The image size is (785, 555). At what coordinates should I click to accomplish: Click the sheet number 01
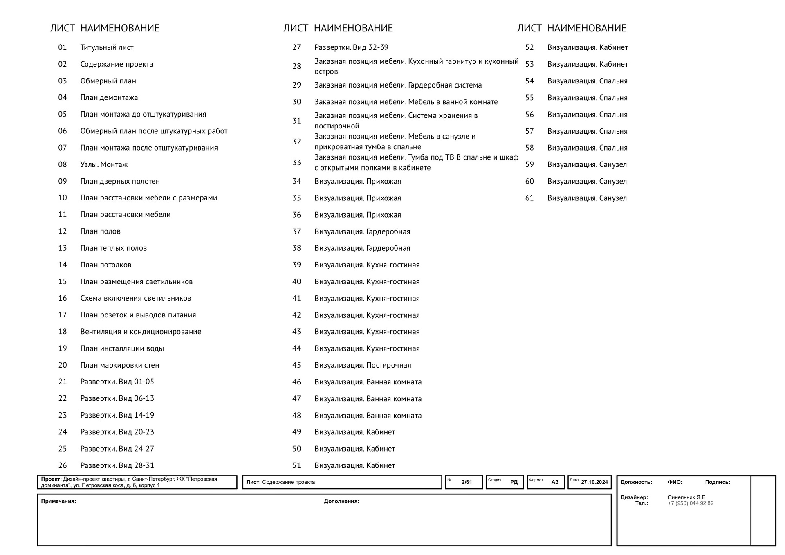(x=62, y=47)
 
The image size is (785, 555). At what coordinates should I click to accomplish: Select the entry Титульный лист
(x=107, y=47)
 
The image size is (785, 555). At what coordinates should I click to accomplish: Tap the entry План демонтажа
(x=109, y=97)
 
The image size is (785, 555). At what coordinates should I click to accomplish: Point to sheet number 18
(x=62, y=332)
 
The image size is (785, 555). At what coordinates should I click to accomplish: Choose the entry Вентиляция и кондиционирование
(x=141, y=332)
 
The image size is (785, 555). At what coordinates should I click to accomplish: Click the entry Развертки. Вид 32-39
(x=351, y=47)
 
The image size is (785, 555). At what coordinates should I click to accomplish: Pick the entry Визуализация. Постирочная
(x=363, y=365)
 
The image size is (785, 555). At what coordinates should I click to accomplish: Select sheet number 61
(x=529, y=198)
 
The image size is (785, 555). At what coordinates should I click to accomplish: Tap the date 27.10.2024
(x=594, y=482)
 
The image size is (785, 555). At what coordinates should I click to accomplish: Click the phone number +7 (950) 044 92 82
(x=691, y=503)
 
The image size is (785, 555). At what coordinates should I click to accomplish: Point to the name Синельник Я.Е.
(x=687, y=497)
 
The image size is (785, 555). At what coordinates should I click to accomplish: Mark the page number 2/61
(x=467, y=482)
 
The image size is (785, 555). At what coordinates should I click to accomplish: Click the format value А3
(x=555, y=482)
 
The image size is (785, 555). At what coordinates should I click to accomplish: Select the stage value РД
(x=514, y=482)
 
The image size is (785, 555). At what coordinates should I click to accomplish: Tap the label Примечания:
(x=58, y=501)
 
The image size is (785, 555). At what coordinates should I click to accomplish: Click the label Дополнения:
(x=341, y=501)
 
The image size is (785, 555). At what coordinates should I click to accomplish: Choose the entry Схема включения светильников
(x=136, y=298)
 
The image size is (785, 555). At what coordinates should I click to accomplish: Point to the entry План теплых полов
(x=113, y=248)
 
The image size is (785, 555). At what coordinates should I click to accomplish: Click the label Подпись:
(x=718, y=482)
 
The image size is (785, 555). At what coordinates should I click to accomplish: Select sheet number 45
(x=296, y=365)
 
